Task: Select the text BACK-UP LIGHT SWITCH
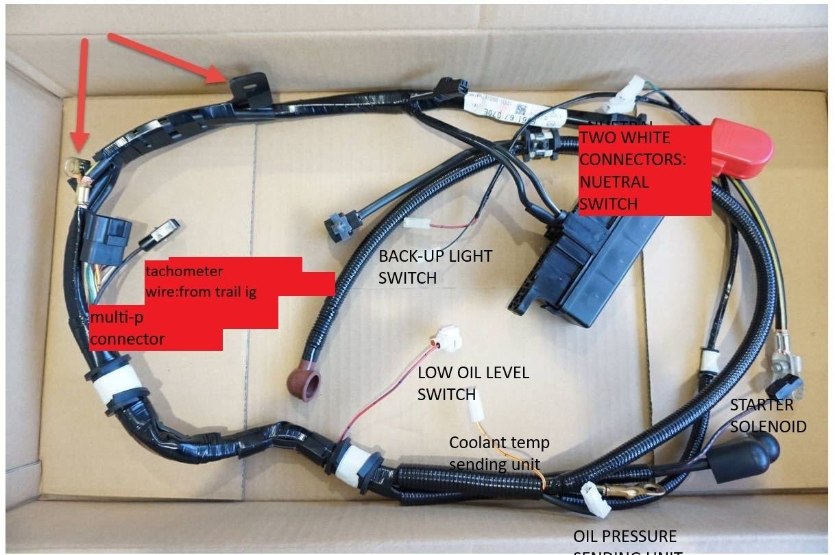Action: [435, 267]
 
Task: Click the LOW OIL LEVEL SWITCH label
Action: [473, 383]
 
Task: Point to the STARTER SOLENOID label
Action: [767, 415]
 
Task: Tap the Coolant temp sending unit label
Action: [498, 452]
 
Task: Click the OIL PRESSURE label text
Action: [625, 536]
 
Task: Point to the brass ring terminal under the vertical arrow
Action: [75, 166]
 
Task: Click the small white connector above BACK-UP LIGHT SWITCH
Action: [417, 223]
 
